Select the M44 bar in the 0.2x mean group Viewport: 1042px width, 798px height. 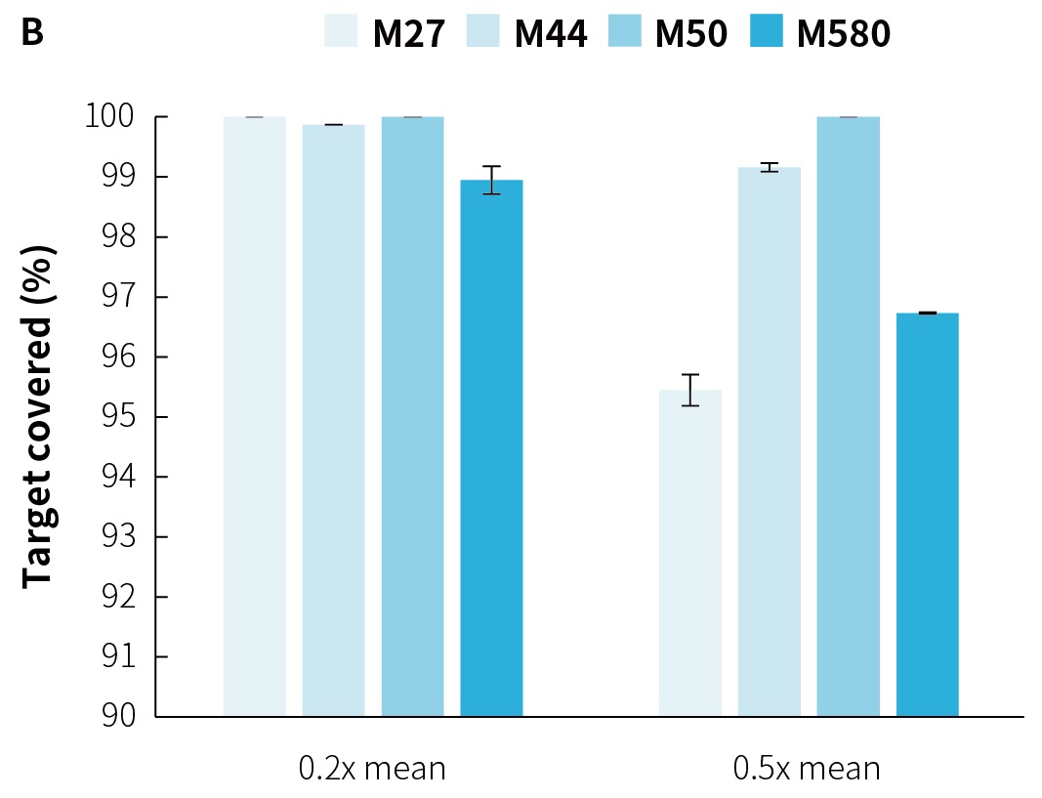point(334,420)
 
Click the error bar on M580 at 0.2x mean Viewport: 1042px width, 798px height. point(491,180)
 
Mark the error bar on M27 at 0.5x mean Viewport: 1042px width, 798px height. point(690,390)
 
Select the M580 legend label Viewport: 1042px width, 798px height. point(844,34)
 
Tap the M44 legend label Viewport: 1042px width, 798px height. point(551,34)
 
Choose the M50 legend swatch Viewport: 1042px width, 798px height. point(626,32)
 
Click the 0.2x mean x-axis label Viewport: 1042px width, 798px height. point(372,769)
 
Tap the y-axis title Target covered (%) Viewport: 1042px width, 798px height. point(37,415)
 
